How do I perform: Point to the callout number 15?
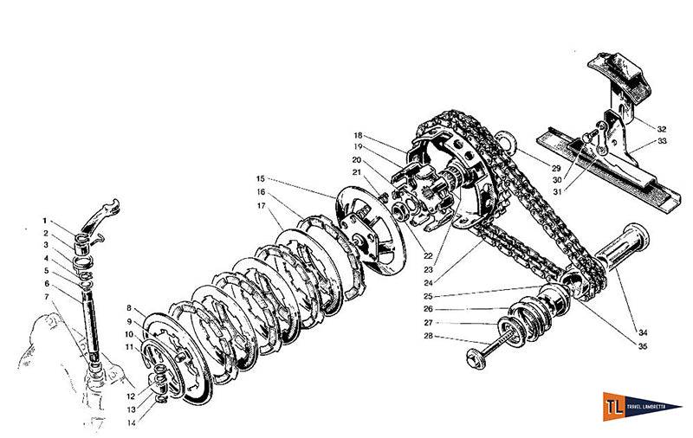point(261,179)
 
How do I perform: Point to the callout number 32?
point(661,127)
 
